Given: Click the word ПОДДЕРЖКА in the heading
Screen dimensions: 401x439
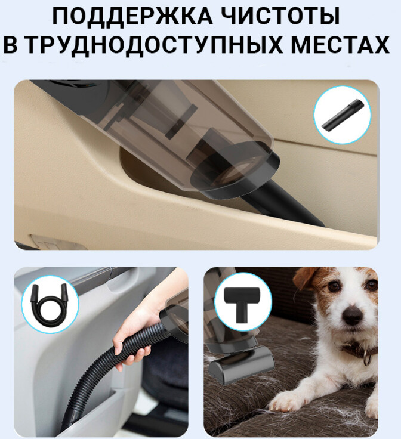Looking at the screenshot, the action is point(132,16).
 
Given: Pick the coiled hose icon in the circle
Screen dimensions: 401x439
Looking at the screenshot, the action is point(49,305).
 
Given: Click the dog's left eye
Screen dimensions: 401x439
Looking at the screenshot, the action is point(332,285).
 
